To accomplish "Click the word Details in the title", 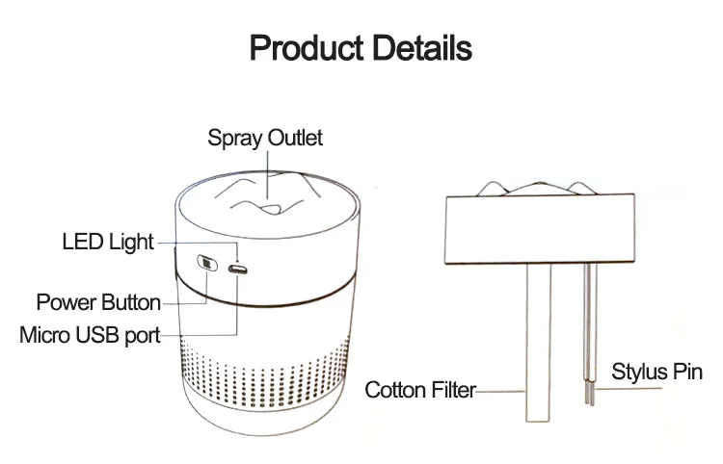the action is click(x=421, y=48).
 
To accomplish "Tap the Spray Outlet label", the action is click(x=265, y=138).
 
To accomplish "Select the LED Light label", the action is click(x=107, y=242).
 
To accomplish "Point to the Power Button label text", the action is click(x=98, y=302).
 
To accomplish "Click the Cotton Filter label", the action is click(x=420, y=391).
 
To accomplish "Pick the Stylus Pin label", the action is click(x=657, y=372).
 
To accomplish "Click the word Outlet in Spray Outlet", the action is click(x=294, y=138).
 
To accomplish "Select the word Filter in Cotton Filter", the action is click(x=454, y=391).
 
